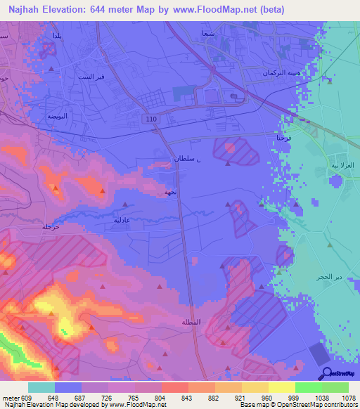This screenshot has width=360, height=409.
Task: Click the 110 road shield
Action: (153, 120)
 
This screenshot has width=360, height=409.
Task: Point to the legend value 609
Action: (27, 398)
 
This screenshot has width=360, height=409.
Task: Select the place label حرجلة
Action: (51, 227)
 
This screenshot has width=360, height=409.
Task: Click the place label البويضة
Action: (57, 116)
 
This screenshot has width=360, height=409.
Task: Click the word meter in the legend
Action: (11, 398)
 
